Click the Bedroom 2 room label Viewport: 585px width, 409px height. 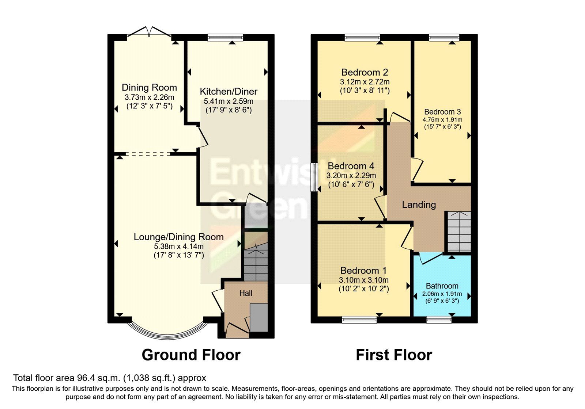[365, 72]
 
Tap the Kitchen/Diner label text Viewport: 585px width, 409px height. [229, 91]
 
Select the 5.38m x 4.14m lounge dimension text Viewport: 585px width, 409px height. [179, 246]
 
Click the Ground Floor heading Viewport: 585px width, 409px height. [191, 355]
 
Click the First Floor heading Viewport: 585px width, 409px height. [394, 355]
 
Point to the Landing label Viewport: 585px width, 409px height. [419, 204]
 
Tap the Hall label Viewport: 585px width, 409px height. [246, 293]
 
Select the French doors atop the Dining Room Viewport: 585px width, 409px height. [149, 33]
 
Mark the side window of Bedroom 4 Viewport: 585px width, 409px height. [314, 177]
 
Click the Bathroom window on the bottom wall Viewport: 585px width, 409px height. [439, 320]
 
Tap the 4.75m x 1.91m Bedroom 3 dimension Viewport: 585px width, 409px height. [442, 120]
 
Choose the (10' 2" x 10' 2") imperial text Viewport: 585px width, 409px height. [363, 289]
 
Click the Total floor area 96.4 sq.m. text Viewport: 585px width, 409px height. [110, 378]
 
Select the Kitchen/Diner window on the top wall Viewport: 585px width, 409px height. [225, 37]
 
